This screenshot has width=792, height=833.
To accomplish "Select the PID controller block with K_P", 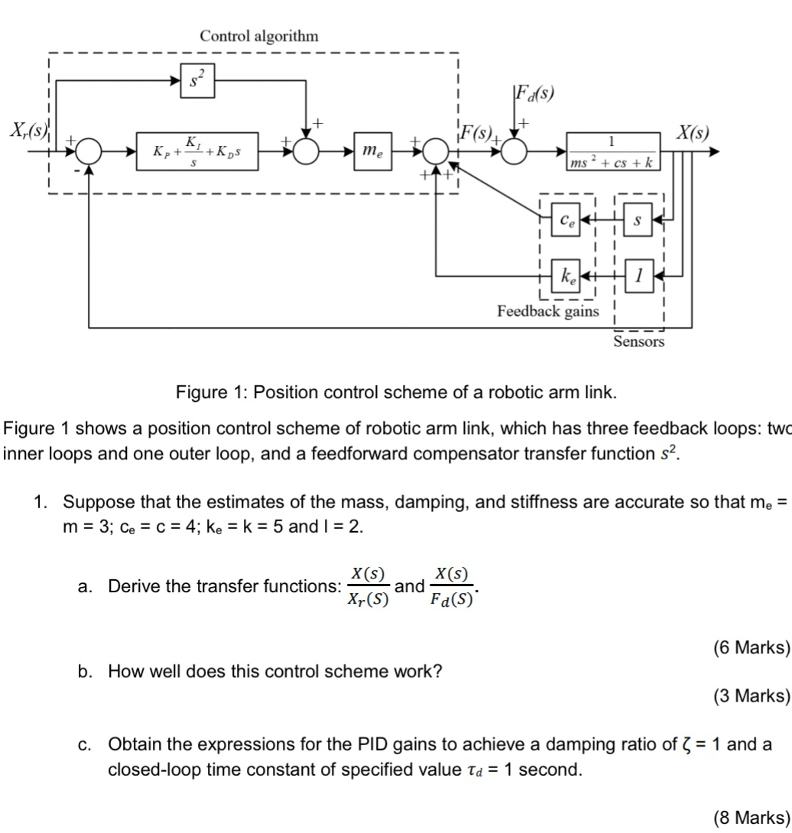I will point(196,151).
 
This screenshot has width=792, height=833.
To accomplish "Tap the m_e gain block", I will point(372,151).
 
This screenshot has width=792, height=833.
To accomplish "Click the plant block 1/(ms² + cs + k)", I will point(612,151).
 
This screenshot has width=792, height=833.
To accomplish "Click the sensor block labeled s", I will point(638,221).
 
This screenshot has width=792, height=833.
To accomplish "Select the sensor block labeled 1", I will point(638,274).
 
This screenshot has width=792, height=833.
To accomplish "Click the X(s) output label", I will point(692,131).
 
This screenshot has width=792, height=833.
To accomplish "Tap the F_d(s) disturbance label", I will point(534,95).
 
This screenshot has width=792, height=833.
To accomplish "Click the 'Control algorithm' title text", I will point(258,35).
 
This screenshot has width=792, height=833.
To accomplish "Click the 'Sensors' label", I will point(638,342).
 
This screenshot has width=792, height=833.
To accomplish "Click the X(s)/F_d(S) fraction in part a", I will point(452,586).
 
